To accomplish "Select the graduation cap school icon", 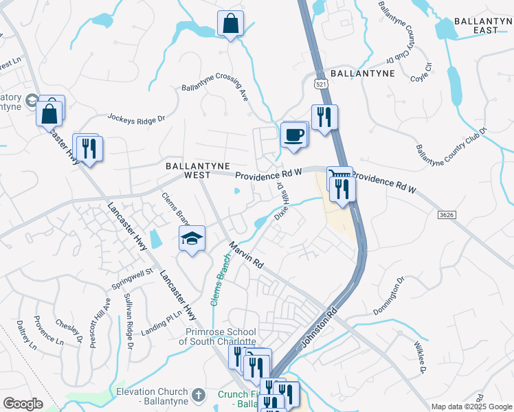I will (x=192, y=238).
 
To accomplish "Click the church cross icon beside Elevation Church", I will (x=198, y=395).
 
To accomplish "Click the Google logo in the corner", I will (x=23, y=404).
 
